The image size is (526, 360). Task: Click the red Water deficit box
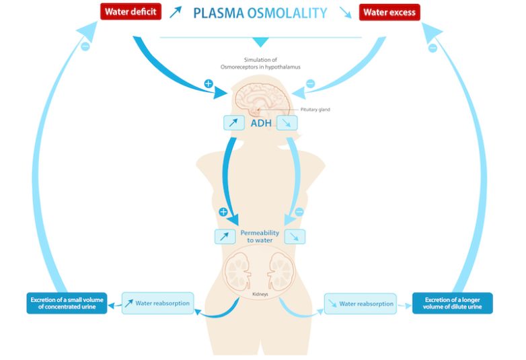(130, 12)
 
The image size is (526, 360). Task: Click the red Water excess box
(389, 12)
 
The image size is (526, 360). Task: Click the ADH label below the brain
(261, 123)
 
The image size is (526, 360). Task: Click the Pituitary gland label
(315, 109)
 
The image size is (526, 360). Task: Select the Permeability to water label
(260, 236)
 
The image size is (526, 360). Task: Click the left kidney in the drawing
(238, 271)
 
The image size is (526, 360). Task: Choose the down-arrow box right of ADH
(290, 122)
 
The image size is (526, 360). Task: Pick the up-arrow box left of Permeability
(225, 236)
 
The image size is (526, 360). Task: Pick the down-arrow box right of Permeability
(295, 236)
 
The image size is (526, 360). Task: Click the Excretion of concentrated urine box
(67, 303)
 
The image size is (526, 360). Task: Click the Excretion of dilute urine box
(452, 303)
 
